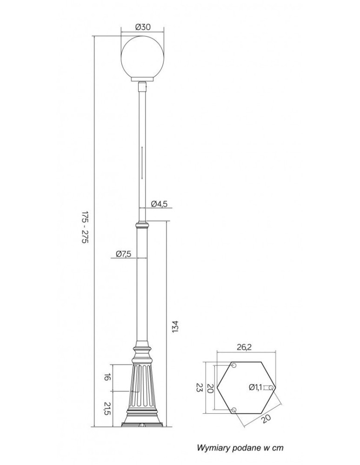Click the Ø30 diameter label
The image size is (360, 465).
click(x=143, y=27)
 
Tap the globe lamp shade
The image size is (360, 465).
click(x=143, y=58)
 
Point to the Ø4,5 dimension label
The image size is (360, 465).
click(x=159, y=204)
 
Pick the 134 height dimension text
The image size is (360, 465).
click(x=175, y=326)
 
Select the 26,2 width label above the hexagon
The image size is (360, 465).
click(x=244, y=347)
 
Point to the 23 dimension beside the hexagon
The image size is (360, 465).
click(x=199, y=388)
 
